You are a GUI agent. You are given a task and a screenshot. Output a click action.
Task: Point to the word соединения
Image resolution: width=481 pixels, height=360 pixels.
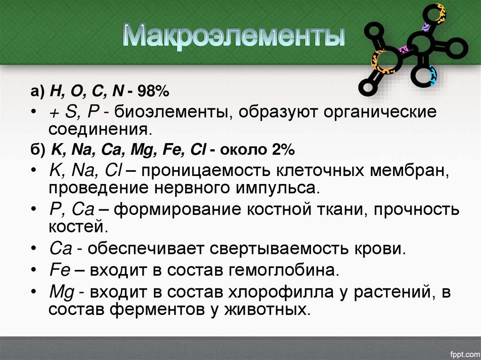[100, 128]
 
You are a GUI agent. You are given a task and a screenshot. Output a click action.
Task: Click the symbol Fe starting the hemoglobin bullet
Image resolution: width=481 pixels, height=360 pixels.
[59, 270]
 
